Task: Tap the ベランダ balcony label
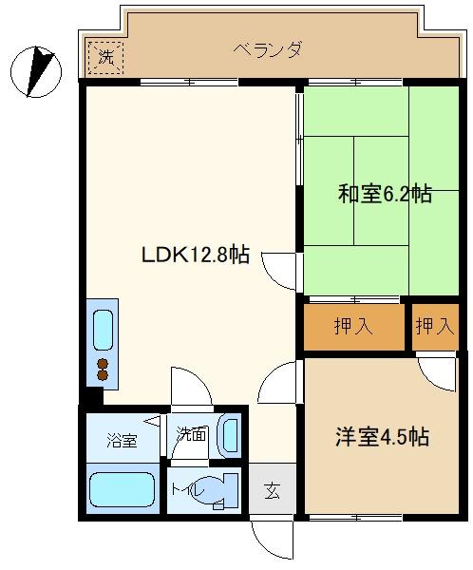(268, 50)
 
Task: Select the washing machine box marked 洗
(105, 57)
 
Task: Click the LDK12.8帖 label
(195, 255)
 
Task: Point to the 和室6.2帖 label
(385, 195)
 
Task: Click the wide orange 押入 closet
(353, 327)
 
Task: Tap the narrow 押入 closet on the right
(435, 327)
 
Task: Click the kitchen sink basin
(103, 330)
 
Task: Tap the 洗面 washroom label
(191, 435)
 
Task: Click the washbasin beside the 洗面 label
(228, 435)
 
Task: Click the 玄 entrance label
(273, 491)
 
